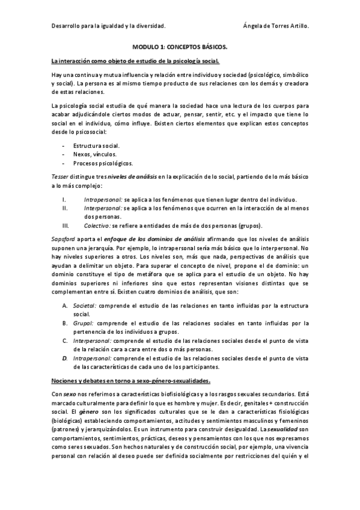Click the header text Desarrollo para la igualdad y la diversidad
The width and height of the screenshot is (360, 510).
coord(109,25)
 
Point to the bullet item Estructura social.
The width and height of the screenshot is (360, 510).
coord(96,146)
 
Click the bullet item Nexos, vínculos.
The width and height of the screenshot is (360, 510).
coord(94,155)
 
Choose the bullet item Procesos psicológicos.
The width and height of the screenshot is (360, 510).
coord(103,163)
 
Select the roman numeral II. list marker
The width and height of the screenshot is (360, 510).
coord(66,208)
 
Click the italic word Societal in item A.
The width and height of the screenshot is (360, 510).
coord(85,306)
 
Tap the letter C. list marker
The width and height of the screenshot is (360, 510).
coord(65,340)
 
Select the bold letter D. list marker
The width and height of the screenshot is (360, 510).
coord(65,358)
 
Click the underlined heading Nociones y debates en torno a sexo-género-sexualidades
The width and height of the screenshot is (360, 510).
coord(130,380)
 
